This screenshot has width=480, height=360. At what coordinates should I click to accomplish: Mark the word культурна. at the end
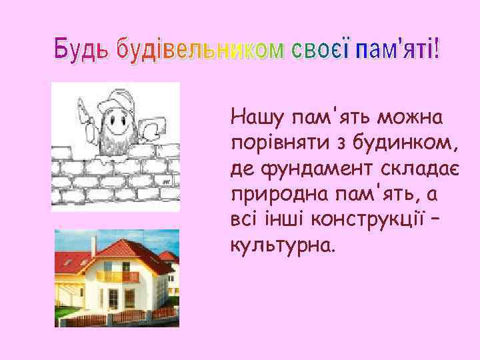click(279, 247)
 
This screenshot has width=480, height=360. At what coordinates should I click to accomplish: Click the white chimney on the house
click(94, 247)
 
